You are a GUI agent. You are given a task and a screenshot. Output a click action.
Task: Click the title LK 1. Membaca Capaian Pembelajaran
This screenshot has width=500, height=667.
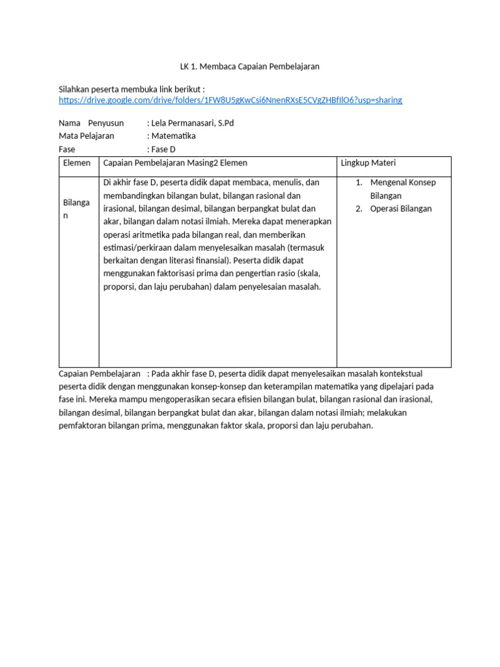(x=249, y=66)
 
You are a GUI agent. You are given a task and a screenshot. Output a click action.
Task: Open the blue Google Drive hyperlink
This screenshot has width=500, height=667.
(x=230, y=100)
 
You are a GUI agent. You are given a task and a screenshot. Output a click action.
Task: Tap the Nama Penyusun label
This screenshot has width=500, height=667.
(x=91, y=123)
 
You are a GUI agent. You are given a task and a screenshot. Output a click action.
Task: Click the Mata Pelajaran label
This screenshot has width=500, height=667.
(x=86, y=136)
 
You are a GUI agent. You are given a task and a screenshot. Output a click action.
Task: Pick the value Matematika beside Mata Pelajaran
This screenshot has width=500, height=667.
(x=173, y=136)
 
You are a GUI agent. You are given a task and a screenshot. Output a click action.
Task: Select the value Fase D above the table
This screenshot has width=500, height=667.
(x=163, y=149)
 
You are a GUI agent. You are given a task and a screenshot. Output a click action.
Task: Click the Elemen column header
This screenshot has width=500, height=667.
(x=77, y=163)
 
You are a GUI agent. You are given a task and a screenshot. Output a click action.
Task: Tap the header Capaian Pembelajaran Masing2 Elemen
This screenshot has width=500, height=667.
(x=175, y=163)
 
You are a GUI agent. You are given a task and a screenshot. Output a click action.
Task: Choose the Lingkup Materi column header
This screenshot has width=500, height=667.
(x=368, y=163)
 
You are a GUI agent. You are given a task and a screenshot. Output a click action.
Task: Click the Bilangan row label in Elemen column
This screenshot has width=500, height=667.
(x=76, y=208)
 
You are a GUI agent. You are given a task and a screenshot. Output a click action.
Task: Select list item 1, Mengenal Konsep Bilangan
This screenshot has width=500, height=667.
(x=402, y=189)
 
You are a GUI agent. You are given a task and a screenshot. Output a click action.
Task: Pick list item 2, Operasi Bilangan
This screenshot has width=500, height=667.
(x=400, y=208)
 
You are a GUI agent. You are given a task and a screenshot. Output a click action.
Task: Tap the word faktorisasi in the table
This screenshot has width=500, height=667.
(x=170, y=274)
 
